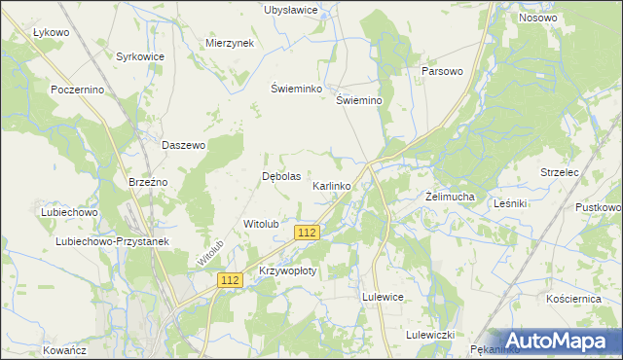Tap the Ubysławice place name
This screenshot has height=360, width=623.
click(292, 10)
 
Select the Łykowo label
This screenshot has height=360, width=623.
click(51, 32)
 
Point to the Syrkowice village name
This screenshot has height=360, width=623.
click(140, 57)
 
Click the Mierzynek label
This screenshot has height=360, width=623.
click(230, 44)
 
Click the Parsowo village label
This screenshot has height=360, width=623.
click(441, 72)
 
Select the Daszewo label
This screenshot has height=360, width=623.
click(183, 145)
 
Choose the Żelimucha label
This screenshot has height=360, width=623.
click(450, 197)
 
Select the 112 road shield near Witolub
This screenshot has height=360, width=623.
click(307, 233)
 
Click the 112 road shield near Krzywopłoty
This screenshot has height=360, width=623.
click(230, 280)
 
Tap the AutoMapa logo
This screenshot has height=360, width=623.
click(560, 340)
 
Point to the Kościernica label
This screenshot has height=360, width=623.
click(573, 299)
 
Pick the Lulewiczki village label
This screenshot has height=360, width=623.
click(430, 334)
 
